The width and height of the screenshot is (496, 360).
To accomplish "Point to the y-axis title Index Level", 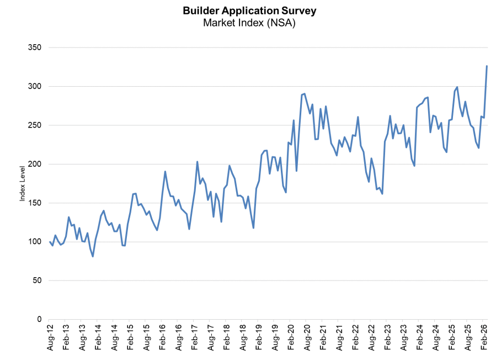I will pos(23,183).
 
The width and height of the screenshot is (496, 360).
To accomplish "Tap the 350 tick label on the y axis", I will pos(34,47).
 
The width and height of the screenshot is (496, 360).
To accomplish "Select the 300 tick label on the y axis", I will pos(34,87).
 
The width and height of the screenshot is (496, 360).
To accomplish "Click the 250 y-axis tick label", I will pos(34,125).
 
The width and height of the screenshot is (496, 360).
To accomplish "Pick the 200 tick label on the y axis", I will pos(34,164).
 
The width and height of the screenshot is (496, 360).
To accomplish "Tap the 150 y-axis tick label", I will pos(34,203).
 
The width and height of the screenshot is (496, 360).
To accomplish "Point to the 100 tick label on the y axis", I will pos(34,242).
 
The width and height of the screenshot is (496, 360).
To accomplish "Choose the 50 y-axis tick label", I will pos(36,280).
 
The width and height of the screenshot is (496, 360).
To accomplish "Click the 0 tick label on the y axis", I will pos(39,319).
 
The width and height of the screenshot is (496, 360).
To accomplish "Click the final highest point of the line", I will pos(487,66).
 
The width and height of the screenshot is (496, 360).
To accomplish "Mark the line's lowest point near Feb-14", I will pos(93,256).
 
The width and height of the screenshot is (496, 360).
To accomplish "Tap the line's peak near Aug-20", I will pos(305,94).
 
